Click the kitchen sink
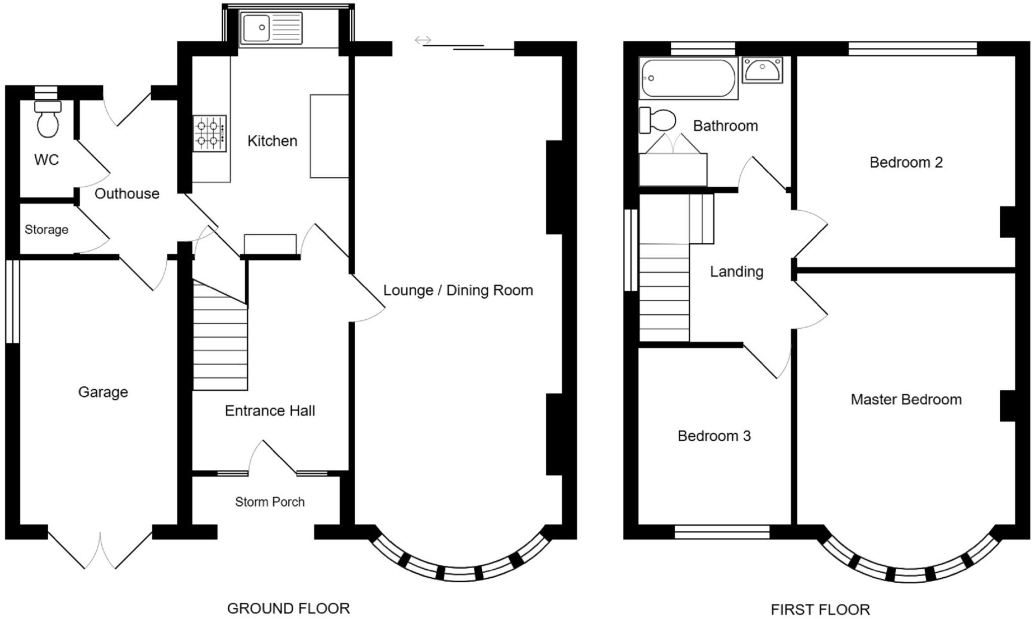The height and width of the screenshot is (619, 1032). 272,28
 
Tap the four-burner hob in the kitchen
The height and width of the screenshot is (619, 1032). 209,133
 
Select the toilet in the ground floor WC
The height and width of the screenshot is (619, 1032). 48,119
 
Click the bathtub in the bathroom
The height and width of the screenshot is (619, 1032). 688,78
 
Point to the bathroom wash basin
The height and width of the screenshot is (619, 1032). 762,70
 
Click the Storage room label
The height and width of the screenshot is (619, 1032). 46,230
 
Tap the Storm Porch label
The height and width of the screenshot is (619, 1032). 270,502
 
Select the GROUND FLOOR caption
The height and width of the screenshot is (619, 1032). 288,608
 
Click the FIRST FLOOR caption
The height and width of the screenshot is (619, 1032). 820,609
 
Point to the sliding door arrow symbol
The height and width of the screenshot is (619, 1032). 423,40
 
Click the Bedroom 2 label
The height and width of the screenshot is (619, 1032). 906,162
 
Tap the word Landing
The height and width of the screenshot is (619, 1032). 736,271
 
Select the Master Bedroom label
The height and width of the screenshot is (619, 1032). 906,399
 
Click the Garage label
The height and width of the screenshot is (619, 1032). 103,392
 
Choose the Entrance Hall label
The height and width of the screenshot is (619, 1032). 270,410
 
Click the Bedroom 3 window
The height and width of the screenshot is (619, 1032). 722,532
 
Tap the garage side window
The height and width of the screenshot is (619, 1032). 13,301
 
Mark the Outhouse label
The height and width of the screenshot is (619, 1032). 126,193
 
